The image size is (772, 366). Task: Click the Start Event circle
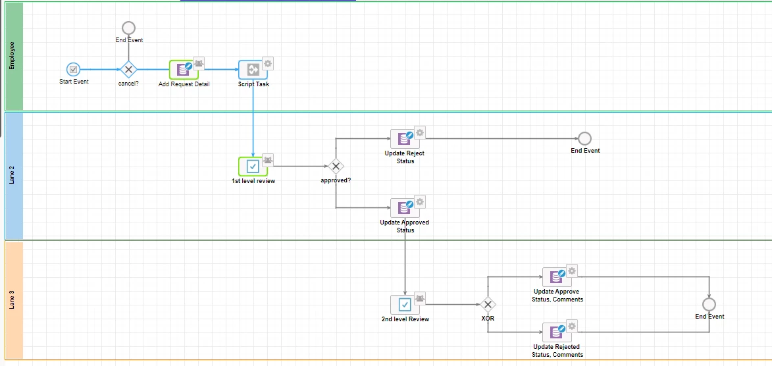pos(73,70)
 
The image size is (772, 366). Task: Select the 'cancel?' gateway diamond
pos(128,70)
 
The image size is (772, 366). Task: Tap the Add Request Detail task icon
pos(184,70)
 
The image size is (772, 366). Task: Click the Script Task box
pos(253,70)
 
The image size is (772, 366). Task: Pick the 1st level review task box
pos(253,167)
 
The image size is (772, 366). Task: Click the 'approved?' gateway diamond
pos(336,167)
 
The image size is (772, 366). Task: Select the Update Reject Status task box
pos(405,139)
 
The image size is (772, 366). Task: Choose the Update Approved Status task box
pos(405,208)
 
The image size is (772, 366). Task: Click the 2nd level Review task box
pos(405,304)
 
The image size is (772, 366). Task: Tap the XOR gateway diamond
pos(488,304)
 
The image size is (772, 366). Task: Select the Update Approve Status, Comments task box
pos(557,277)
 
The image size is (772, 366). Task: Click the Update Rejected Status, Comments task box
pos(557,332)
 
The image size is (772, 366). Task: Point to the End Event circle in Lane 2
pos(584,138)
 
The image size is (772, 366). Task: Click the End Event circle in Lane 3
pos(709,304)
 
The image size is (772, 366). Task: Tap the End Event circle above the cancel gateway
pos(128,28)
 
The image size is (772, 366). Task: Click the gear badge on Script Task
pos(268,63)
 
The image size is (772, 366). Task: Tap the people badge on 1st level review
pos(268,159)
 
